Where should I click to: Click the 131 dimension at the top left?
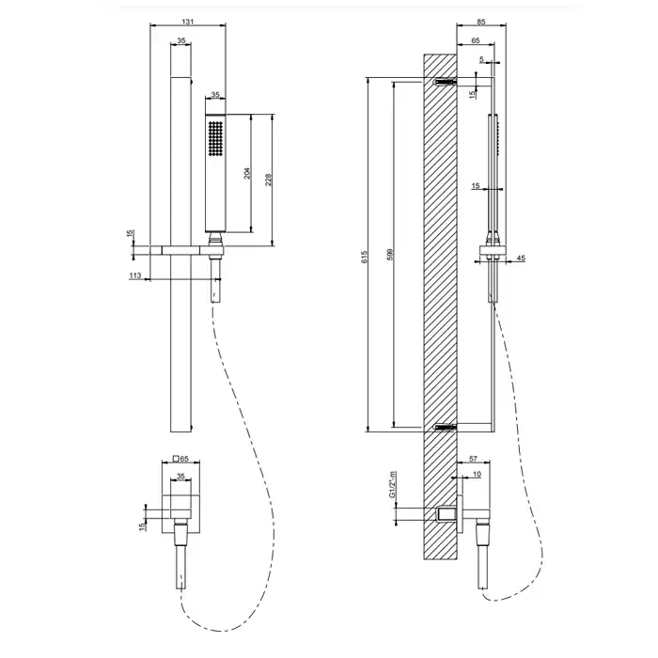coord(188,22)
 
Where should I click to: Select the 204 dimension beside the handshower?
coord(247,173)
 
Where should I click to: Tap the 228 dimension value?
coord(269,180)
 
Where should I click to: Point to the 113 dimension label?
coord(135,275)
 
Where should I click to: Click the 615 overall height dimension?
coord(365,257)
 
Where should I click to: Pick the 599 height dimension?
coord(390,255)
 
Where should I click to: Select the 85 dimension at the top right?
coord(481,22)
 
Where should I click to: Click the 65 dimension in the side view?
coord(475,40)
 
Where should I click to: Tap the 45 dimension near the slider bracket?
coord(521,258)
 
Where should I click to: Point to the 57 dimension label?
coord(473,459)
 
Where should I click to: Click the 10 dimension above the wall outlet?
coord(477,474)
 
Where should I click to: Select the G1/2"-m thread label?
coord(392,484)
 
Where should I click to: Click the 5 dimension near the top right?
coord(481,59)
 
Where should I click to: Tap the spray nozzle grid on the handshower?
coord(215,139)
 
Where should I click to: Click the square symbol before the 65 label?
coord(177,459)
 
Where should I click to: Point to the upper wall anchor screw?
coord(445,82)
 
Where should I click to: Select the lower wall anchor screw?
coord(445,427)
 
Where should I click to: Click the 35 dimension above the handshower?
coord(215,95)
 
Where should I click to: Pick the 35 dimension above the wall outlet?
coord(180,477)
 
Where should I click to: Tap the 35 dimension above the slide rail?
coord(180,40)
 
